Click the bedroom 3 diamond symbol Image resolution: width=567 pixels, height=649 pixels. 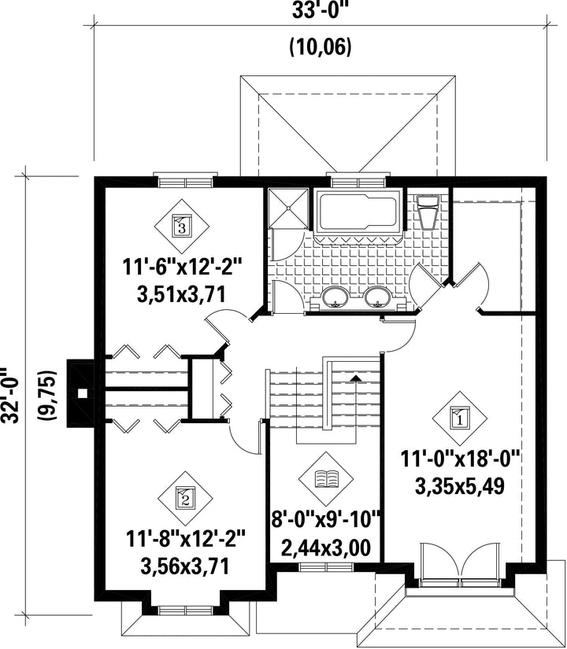click(x=182, y=227)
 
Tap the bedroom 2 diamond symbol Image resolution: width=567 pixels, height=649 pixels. click(x=185, y=498)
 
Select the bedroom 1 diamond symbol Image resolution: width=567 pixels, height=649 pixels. click(x=460, y=419)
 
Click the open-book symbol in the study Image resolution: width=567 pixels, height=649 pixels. click(x=326, y=479)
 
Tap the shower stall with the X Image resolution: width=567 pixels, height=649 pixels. click(x=288, y=208)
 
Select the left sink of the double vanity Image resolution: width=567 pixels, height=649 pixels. click(x=335, y=297)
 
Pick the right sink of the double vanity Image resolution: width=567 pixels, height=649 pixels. click(x=377, y=297)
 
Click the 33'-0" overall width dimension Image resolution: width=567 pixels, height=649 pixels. click(x=319, y=10)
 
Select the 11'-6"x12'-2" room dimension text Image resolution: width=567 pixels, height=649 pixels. click(x=182, y=267)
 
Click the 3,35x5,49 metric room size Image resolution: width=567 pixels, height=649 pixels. click(x=460, y=487)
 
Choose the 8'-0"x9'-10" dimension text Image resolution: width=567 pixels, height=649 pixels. click(x=326, y=520)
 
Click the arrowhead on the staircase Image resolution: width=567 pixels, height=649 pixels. click(x=355, y=378)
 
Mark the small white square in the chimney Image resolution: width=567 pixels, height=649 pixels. click(x=83, y=393)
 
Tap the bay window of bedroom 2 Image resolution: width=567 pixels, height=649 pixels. click(x=185, y=610)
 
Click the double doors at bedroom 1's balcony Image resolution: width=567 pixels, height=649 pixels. click(x=461, y=565)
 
